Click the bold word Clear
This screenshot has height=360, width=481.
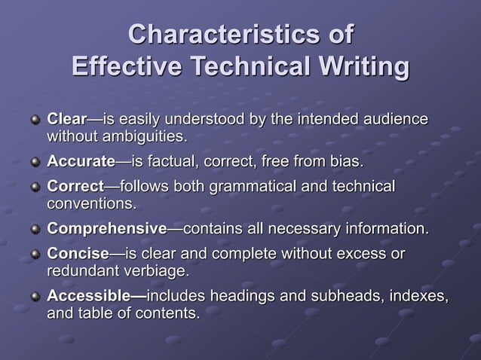click(x=67, y=119)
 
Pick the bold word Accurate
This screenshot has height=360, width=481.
click(x=81, y=162)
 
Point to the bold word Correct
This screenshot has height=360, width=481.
click(x=75, y=185)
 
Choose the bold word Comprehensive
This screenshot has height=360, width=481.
click(x=106, y=228)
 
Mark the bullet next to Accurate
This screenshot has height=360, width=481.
click(x=35, y=162)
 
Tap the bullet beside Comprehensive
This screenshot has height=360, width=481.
click(x=35, y=229)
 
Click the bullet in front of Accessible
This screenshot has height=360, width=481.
click(x=35, y=296)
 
